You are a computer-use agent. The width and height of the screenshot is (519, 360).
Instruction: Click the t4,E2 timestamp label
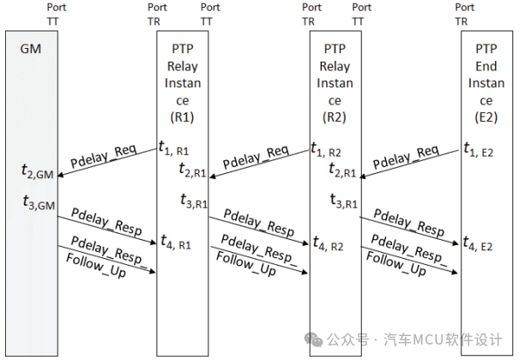tap(479, 243)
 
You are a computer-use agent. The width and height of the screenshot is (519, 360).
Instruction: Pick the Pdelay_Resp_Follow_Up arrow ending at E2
tap(411, 261)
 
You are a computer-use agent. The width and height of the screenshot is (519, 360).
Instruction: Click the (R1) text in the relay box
tap(180, 115)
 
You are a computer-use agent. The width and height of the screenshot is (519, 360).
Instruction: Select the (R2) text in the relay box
tap(334, 115)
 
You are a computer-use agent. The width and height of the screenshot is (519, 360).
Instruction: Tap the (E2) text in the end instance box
tap(486, 115)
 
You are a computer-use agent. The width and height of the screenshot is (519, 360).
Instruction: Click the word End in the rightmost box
tap(486, 66)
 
